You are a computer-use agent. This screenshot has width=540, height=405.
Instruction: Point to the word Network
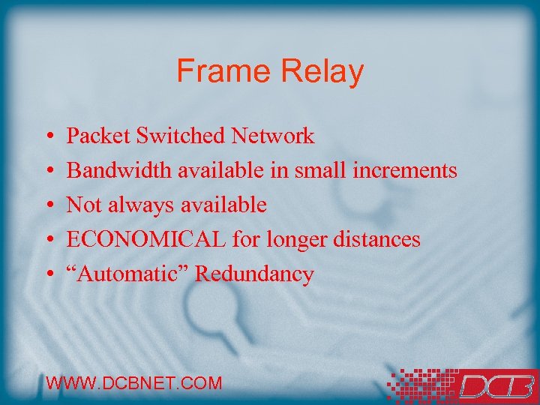pos(273,136)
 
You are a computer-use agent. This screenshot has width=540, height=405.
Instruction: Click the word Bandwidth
pos(119,171)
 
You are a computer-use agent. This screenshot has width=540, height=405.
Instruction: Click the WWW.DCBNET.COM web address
pos(134,383)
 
